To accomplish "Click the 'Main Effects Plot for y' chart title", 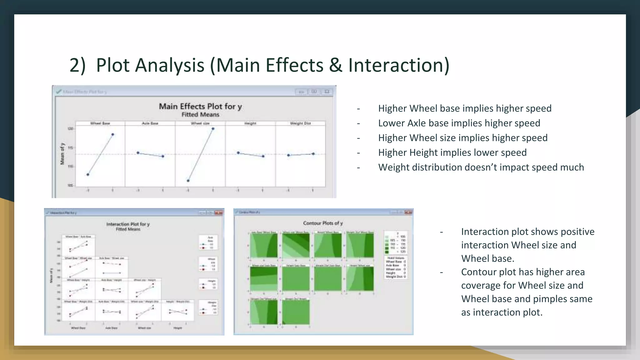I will tap(200, 107).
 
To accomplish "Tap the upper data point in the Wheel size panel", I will tap(213, 128).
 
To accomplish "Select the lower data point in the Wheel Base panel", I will tap(88, 175).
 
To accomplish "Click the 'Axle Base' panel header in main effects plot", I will tap(150, 123).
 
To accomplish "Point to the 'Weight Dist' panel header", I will tap(300, 123).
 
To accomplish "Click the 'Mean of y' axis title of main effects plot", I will tap(62, 154).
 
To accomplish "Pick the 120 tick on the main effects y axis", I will tap(70, 129).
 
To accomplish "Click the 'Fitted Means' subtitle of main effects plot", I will tap(200, 115).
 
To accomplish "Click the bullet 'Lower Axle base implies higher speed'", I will tap(459, 123).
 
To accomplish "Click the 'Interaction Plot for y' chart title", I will tap(128, 224).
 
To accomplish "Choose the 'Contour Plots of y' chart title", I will tap(323, 223).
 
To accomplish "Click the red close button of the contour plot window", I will tap(408, 212).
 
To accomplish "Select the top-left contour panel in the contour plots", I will tap(264, 246).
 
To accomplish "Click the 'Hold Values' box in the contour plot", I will tap(396, 267).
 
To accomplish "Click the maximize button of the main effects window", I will tap(314, 92).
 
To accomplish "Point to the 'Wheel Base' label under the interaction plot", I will tap(78, 328).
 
